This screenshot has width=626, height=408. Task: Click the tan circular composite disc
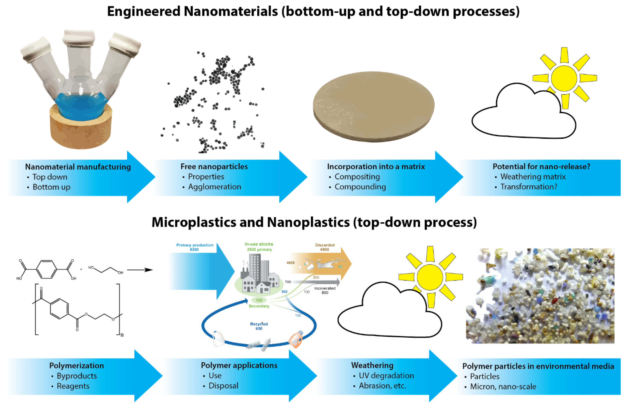[x=374, y=106]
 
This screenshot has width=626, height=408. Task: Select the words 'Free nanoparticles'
[x=214, y=167]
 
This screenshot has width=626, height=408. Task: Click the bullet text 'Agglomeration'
[x=214, y=187]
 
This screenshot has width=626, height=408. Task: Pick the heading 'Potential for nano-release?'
[x=541, y=167]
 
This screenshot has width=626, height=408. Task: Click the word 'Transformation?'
[x=528, y=187]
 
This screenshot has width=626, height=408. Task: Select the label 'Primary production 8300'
[x=195, y=247]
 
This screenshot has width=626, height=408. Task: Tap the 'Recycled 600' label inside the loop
[x=259, y=326]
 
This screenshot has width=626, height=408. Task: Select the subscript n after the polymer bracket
[x=122, y=335]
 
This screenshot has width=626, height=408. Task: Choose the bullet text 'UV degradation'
[x=386, y=375]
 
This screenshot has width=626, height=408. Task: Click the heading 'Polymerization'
[x=77, y=366]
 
